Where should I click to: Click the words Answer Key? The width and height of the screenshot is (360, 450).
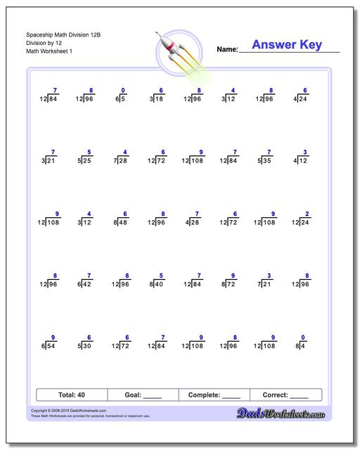tap(287, 45)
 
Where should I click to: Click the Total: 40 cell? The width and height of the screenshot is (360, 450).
tap(71, 395)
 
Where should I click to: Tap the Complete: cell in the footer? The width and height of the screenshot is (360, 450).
tap(214, 395)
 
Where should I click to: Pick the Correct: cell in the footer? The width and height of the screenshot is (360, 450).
tap(285, 395)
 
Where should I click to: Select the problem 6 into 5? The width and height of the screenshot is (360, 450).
tap(121, 96)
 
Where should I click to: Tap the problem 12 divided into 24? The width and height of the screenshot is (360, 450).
tap(300, 219)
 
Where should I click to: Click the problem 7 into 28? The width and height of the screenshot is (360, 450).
tap(121, 158)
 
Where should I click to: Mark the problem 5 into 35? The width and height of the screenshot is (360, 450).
tap(265, 158)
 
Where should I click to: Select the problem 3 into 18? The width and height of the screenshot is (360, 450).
tap(157, 96)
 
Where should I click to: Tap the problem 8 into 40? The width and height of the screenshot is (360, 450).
tap(157, 281)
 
